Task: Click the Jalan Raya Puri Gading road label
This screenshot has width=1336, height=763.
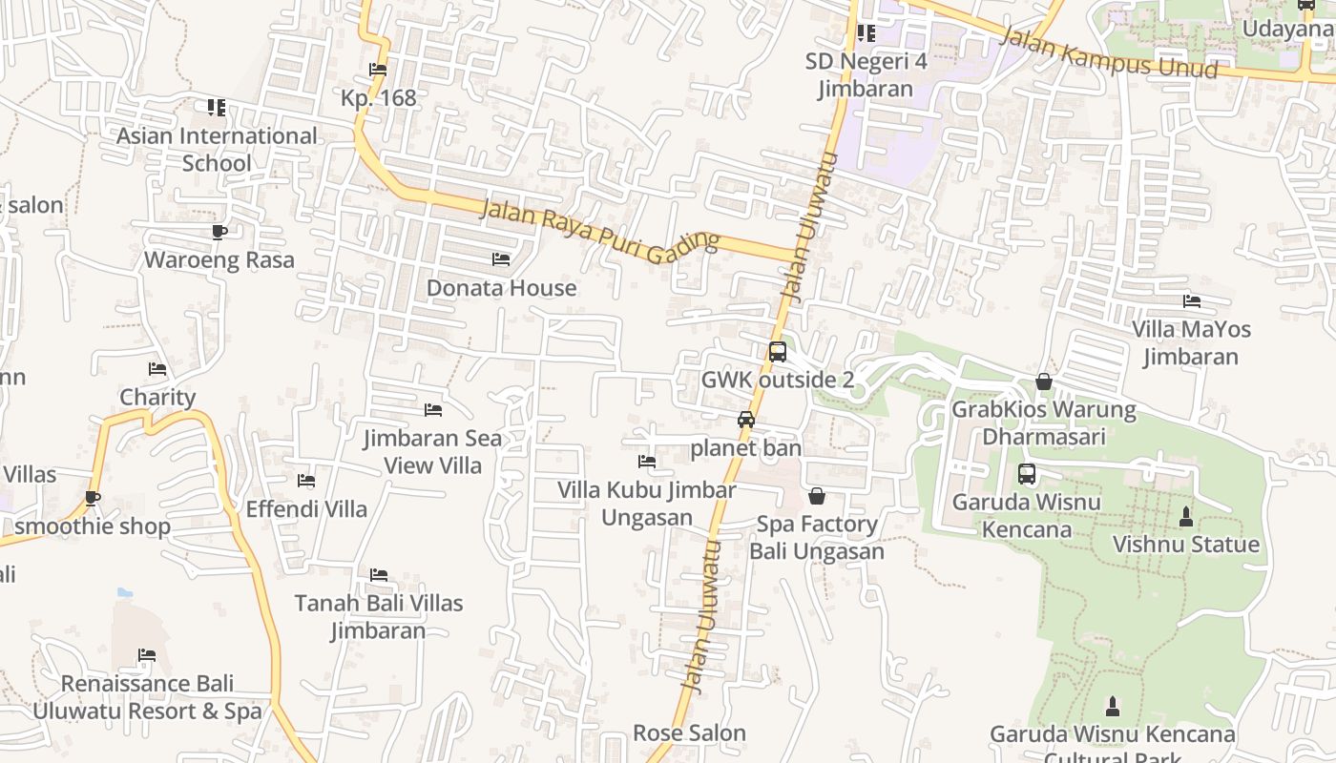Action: pyautogui.click(x=598, y=232)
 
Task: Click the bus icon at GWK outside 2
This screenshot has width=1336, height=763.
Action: pyautogui.click(x=778, y=352)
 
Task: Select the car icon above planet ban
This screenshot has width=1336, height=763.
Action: pyautogui.click(x=746, y=420)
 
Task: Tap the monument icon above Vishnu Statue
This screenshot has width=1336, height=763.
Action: pyautogui.click(x=1186, y=517)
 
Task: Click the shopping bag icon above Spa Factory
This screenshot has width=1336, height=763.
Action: pyautogui.click(x=817, y=496)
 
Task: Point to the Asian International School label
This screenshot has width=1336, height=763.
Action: pyautogui.click(x=217, y=150)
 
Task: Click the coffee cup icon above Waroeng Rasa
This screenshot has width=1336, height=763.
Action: pyautogui.click(x=219, y=232)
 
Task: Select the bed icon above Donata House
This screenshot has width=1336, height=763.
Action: pyautogui.click(x=501, y=259)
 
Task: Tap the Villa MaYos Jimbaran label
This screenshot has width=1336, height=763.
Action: pyautogui.click(x=1191, y=343)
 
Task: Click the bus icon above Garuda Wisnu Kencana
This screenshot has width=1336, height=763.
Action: pyautogui.click(x=1027, y=474)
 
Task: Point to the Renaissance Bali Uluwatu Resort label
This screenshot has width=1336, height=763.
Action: pyautogui.click(x=147, y=697)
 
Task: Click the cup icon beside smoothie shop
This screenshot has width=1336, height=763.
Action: pyautogui.click(x=93, y=498)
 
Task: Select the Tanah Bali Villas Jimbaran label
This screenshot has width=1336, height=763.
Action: pyautogui.click(x=379, y=617)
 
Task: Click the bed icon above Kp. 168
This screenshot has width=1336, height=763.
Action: pyautogui.click(x=378, y=70)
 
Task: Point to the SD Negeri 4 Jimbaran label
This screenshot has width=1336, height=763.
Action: pyautogui.click(x=866, y=75)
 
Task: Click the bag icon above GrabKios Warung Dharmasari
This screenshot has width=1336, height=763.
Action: pyautogui.click(x=1044, y=382)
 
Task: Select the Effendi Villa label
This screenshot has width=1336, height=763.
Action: pyautogui.click(x=306, y=509)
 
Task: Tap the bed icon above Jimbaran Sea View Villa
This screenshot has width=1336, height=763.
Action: pyautogui.click(x=433, y=410)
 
